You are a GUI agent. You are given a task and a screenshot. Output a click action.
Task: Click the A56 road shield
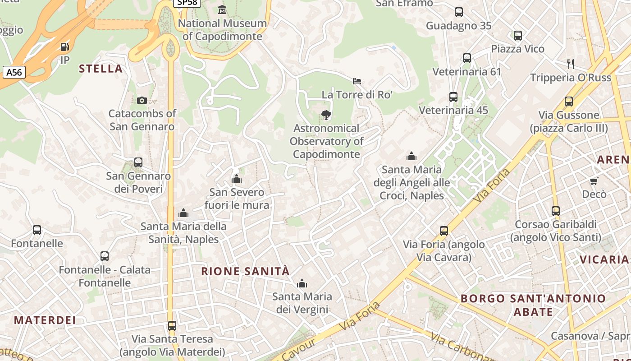click(x=14, y=72)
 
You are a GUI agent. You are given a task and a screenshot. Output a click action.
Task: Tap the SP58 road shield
click(x=187, y=3)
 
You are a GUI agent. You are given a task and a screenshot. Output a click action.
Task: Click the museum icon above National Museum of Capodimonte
click(x=222, y=9)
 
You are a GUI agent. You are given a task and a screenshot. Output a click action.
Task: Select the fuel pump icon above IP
click(x=65, y=46)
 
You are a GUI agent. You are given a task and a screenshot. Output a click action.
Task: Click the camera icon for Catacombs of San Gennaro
click(x=142, y=100)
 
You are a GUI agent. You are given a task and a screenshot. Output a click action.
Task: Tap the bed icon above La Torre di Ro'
click(x=357, y=81)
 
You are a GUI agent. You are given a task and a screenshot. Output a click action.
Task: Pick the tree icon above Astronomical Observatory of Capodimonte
click(x=326, y=115)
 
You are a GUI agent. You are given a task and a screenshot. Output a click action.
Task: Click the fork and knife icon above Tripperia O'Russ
click(x=571, y=64)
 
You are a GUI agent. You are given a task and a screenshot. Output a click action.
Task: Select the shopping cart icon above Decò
click(x=594, y=181)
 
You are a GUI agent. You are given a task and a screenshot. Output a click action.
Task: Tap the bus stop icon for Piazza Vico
click(x=518, y=35)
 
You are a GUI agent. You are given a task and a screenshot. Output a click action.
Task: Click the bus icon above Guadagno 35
click(x=459, y=12)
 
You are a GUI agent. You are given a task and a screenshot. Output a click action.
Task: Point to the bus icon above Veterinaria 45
click(x=453, y=97)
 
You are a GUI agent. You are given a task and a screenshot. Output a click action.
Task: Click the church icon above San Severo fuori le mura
click(x=237, y=179)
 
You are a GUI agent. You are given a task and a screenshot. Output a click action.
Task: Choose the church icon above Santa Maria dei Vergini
click(x=302, y=283)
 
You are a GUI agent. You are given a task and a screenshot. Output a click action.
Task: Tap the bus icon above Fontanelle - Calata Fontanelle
click(x=105, y=256)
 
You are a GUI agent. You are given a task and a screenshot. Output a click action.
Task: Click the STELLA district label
click(x=101, y=69)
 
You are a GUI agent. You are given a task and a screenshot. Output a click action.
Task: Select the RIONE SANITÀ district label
click(x=245, y=271)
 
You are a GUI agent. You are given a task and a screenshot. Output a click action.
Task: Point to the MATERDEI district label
click(x=45, y=320)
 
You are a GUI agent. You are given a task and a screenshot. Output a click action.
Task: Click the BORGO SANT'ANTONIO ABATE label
click(x=533, y=305)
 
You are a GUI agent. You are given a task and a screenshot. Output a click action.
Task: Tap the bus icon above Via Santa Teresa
click(x=172, y=325)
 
